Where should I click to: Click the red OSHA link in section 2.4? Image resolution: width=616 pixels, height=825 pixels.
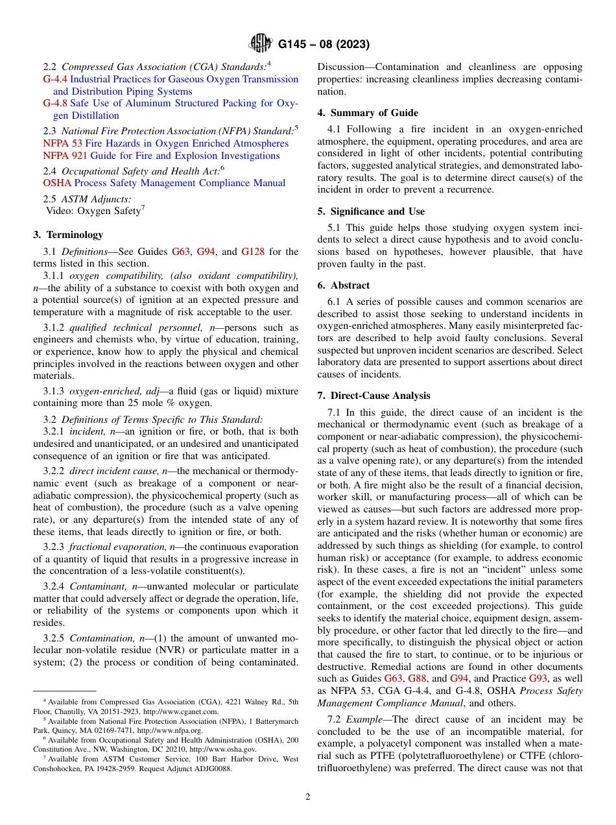(x=57, y=183)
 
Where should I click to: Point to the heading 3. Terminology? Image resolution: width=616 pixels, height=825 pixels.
(x=68, y=235)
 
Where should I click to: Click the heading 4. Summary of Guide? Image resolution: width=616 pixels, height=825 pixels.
(x=368, y=113)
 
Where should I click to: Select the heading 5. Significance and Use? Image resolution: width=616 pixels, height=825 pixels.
(x=371, y=211)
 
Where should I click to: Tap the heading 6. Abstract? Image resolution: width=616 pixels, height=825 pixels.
(x=344, y=285)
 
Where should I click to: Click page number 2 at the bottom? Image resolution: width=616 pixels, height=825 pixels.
(x=308, y=797)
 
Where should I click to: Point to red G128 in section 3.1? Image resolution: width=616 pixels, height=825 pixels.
(x=252, y=252)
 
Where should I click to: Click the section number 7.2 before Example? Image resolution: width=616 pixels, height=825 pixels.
(x=335, y=719)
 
